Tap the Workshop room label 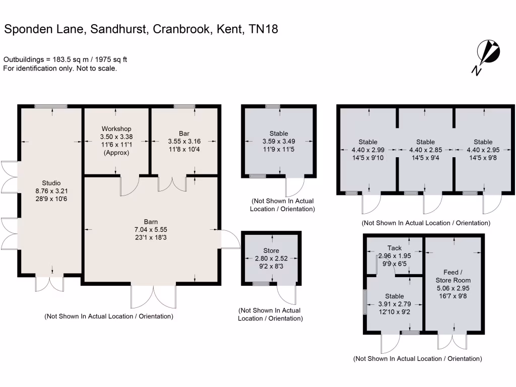pyautogui.click(x=116, y=129)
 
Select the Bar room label pyautogui.click(x=183, y=134)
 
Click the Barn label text pyautogui.click(x=151, y=222)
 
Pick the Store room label pyautogui.click(x=271, y=250)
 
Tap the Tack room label pyautogui.click(x=395, y=247)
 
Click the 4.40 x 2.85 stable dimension pyautogui.click(x=426, y=149)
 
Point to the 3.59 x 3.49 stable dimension pyautogui.click(x=279, y=141)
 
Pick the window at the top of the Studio pyautogui.click(x=51, y=106)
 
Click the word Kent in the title pyautogui.click(x=230, y=29)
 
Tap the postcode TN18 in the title pyautogui.click(x=264, y=29)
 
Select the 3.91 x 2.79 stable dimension pyautogui.click(x=395, y=304)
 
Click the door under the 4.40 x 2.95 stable pyautogui.click(x=493, y=203)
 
